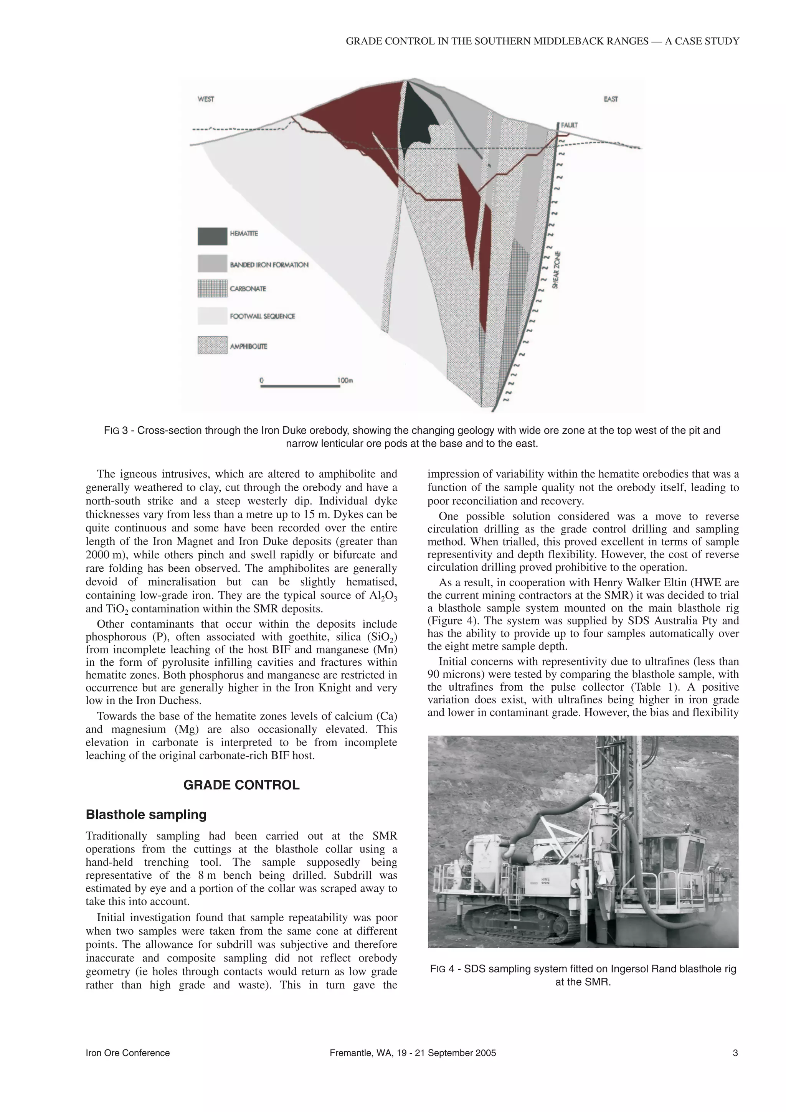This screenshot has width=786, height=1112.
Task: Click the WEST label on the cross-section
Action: click(206, 99)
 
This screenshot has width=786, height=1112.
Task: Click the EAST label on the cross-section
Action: click(611, 99)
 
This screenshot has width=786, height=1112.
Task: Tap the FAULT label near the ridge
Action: click(569, 125)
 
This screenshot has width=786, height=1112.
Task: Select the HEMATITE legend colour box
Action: click(212, 236)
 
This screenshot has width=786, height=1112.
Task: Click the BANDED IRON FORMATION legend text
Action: click(269, 265)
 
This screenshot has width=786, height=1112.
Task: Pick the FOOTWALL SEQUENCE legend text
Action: click(262, 316)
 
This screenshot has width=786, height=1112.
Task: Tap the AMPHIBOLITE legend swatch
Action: click(212, 346)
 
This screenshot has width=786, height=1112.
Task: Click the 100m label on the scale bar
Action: click(345, 380)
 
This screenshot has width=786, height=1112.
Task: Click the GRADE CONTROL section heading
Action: click(241, 785)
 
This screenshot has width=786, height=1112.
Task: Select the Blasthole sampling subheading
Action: click(146, 815)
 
